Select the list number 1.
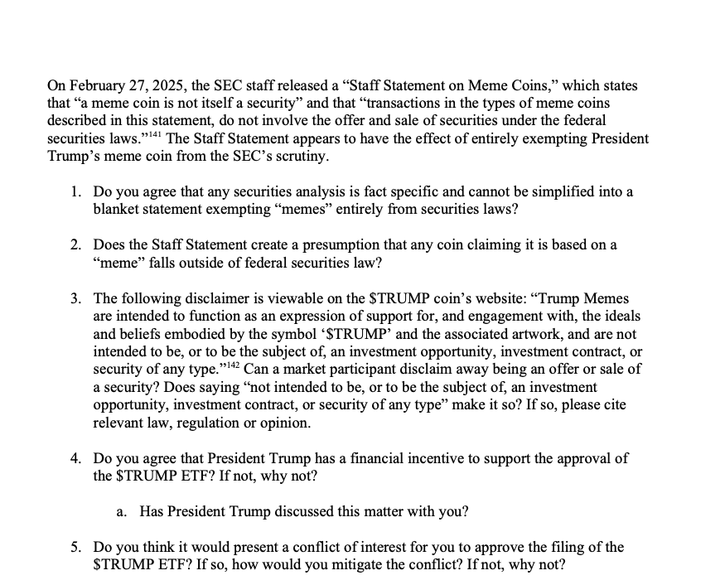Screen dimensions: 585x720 [x=75, y=192]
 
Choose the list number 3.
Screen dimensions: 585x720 [x=75, y=298]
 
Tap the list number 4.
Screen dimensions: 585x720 [x=75, y=459]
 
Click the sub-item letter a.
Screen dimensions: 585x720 [x=121, y=512]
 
